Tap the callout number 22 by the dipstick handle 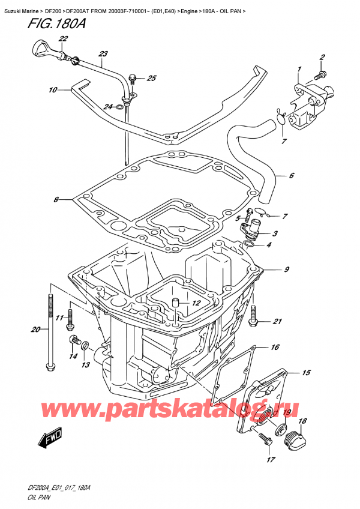[63, 39]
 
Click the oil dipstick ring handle [39, 46]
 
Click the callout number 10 [53, 90]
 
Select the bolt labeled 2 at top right [318, 75]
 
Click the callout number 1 [298, 71]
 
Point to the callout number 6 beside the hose [291, 176]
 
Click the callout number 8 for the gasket [56, 199]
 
